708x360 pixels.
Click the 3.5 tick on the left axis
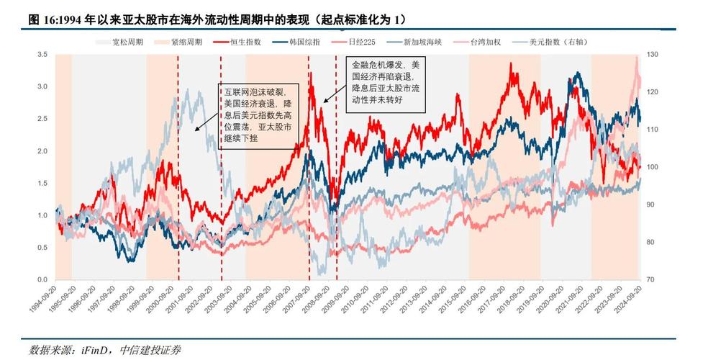coord(42,55)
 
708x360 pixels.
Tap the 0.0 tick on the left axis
coord(42,279)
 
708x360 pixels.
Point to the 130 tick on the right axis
coord(653,55)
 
